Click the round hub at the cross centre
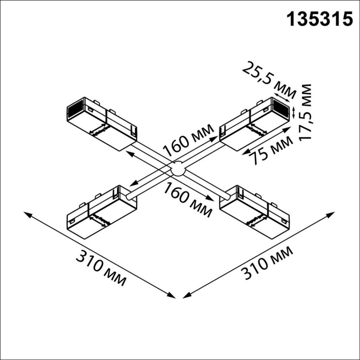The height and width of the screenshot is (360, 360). [177, 169]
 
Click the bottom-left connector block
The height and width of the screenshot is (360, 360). [102, 212]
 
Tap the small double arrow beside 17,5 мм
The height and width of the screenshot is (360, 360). [294, 112]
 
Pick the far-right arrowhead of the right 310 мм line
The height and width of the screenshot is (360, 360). [333, 213]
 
